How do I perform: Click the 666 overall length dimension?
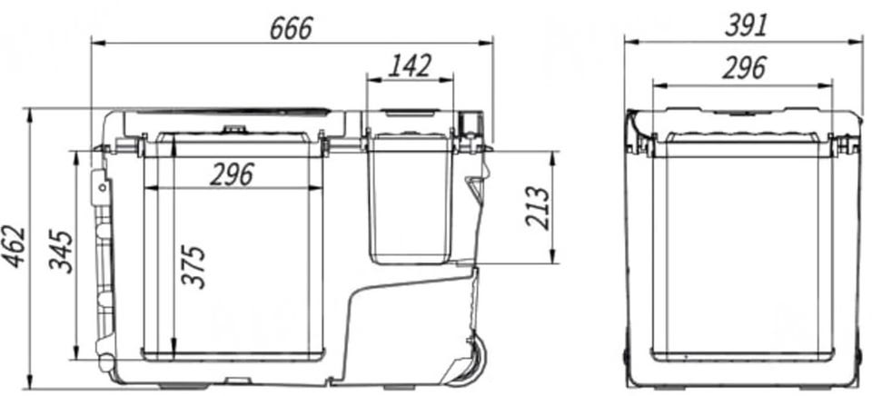[x=292, y=28]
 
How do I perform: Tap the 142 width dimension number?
[x=410, y=66]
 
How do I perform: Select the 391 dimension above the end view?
[x=747, y=25]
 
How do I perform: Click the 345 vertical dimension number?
[x=61, y=251]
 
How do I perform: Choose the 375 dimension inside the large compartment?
[x=193, y=267]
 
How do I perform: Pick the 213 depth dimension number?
[x=537, y=208]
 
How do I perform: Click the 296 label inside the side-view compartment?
[x=232, y=174]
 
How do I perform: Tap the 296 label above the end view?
[x=744, y=68]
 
